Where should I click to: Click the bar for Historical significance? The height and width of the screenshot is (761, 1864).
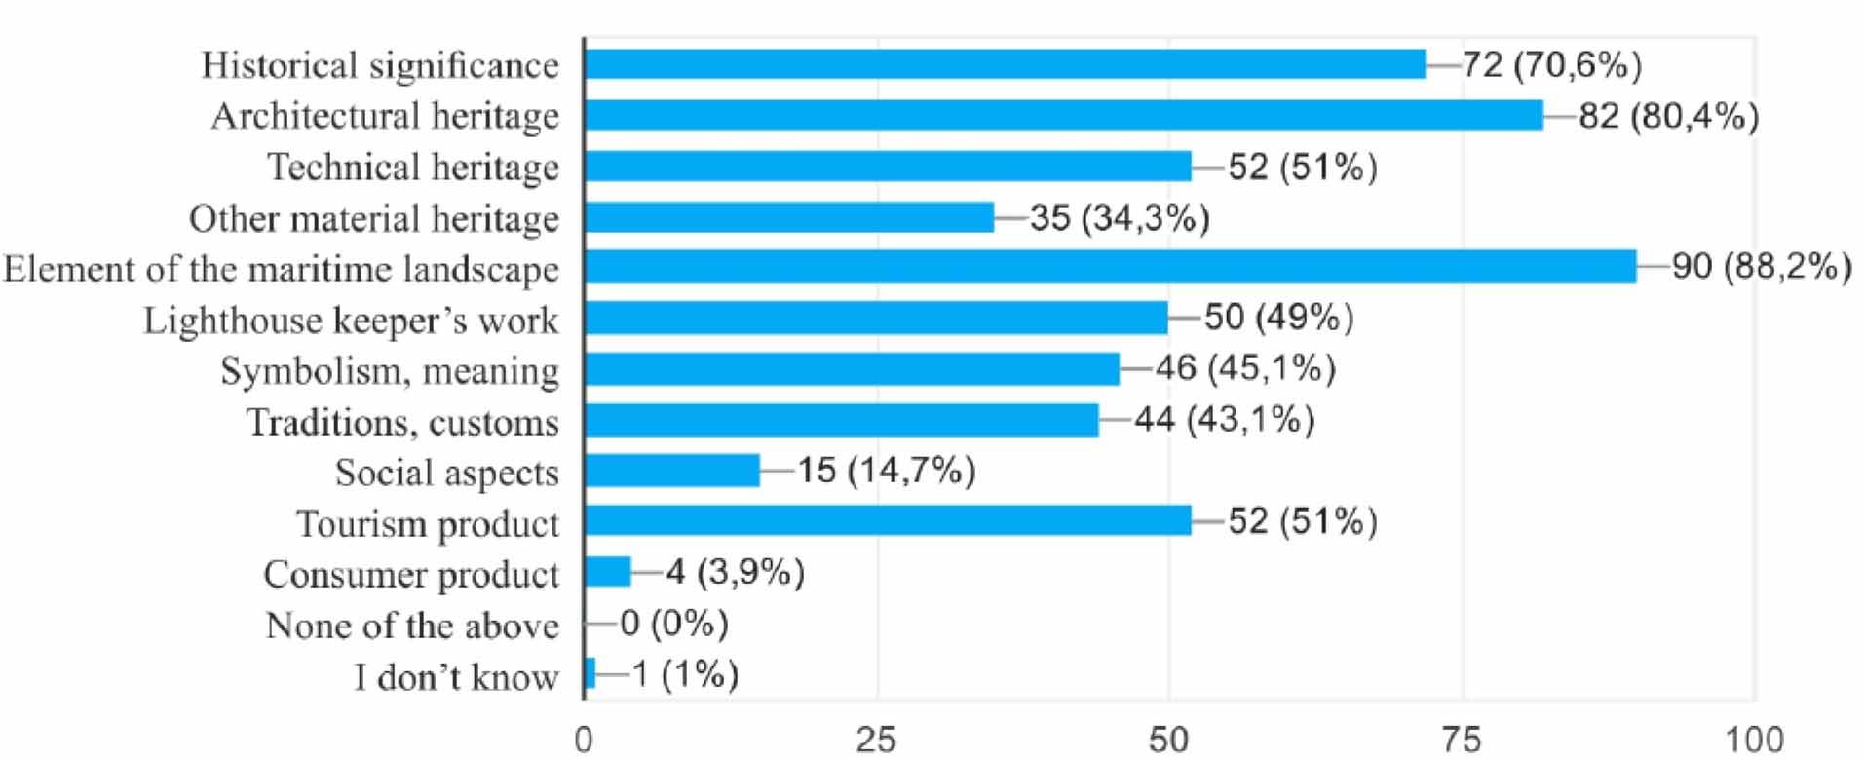pyautogui.click(x=1004, y=64)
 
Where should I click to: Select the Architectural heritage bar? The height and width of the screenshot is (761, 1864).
pyautogui.click(x=1062, y=115)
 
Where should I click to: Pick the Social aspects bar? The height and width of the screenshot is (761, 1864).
pyautogui.click(x=671, y=471)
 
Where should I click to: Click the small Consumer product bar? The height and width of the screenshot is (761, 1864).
pyautogui.click(x=608, y=572)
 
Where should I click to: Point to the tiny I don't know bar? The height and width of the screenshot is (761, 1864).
pyautogui.click(x=590, y=673)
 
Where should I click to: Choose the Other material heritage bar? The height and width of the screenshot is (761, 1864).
pyautogui.click(x=788, y=217)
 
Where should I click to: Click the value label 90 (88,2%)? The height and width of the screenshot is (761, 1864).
pyautogui.click(x=1761, y=267)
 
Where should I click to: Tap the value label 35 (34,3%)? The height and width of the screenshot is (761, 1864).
pyautogui.click(x=1120, y=217)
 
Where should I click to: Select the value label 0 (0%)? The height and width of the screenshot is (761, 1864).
pyautogui.click(x=674, y=623)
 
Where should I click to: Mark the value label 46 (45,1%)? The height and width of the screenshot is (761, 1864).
pyautogui.click(x=1244, y=368)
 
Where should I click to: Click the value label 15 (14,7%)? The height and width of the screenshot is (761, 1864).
pyautogui.click(x=886, y=471)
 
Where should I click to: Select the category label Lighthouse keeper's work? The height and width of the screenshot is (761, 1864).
pyautogui.click(x=351, y=320)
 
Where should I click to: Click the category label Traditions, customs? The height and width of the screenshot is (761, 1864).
pyautogui.click(x=402, y=422)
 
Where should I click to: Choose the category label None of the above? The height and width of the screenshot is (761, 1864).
pyautogui.click(x=412, y=625)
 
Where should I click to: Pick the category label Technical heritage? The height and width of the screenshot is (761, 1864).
pyautogui.click(x=413, y=167)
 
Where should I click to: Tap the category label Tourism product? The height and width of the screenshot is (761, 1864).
pyautogui.click(x=428, y=523)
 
